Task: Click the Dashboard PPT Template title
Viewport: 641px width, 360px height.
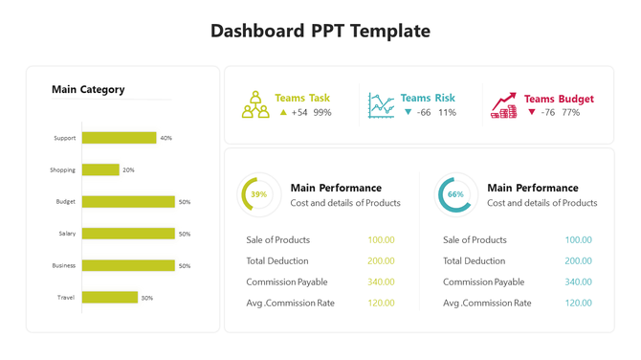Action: [x=320, y=31]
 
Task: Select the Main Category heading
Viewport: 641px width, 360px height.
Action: [x=88, y=90]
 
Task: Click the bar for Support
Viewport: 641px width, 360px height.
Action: [x=119, y=138]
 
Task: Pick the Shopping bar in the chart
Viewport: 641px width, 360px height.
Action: [x=100, y=169]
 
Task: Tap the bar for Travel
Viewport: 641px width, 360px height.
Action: [x=110, y=298]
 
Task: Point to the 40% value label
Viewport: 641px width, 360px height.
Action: [x=166, y=138]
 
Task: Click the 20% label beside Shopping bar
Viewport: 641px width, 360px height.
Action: [x=128, y=170]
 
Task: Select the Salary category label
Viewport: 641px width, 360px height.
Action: [x=66, y=234]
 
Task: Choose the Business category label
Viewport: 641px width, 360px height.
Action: [x=64, y=265]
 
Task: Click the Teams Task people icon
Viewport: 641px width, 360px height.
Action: [x=255, y=105]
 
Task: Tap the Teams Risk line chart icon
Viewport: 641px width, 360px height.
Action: [x=381, y=105]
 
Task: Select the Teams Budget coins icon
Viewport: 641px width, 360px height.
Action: [x=504, y=105]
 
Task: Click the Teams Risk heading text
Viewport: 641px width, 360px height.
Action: [x=428, y=98]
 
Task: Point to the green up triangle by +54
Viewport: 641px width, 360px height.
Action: [x=283, y=112]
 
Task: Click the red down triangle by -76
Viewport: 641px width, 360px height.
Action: [x=532, y=112]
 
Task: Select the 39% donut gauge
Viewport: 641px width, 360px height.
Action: [x=258, y=194]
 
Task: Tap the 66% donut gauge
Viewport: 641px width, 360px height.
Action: [x=455, y=194]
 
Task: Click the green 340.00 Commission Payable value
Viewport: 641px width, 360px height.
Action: [x=381, y=282]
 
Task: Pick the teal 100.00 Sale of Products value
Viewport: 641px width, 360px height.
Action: [x=578, y=240]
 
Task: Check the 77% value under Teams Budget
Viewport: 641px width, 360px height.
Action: [x=570, y=113]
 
